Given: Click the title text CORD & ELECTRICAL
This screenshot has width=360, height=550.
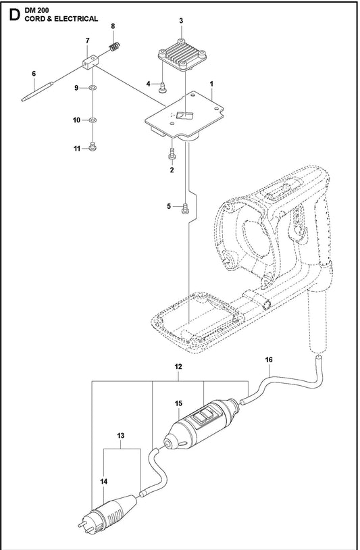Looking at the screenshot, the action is tap(61, 19).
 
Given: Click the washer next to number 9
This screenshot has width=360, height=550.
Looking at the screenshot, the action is tap(93, 88).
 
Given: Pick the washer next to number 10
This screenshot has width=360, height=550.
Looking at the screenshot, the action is tap(93, 120).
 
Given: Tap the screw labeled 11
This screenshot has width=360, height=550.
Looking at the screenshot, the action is tap(93, 147).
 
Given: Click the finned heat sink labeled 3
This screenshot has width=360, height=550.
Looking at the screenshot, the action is tap(181, 55).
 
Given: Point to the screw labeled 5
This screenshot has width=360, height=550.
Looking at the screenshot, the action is tap(185, 208).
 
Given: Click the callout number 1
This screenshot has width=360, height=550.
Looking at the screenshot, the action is tap(211, 84).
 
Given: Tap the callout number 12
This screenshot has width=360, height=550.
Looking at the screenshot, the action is tap(178, 367).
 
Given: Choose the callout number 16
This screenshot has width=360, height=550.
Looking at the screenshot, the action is tap(269, 359).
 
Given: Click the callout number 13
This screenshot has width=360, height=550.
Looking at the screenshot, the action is tap(121, 436).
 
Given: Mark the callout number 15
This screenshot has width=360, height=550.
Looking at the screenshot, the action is tap(178, 403).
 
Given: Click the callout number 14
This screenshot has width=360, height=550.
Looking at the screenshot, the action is tap(103, 482).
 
